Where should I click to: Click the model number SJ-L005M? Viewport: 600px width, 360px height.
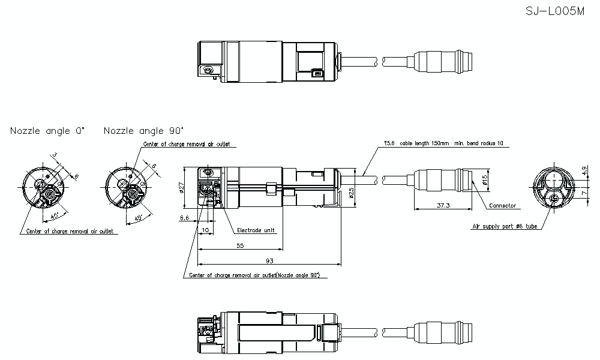554,12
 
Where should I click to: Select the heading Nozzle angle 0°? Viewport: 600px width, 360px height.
47,131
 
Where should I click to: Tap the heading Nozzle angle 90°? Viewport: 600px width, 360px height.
143,131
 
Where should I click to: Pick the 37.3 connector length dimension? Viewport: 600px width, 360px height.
443,205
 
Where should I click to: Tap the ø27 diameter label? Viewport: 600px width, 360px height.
181,188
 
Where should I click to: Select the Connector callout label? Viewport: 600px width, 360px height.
502,206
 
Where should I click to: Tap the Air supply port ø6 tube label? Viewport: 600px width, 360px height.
504,227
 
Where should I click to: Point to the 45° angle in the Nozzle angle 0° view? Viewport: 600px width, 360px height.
54,215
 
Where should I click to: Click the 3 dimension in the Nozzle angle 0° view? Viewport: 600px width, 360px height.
54,155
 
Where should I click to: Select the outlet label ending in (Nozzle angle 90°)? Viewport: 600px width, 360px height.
254,275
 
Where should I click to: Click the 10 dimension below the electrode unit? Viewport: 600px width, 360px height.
206,230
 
